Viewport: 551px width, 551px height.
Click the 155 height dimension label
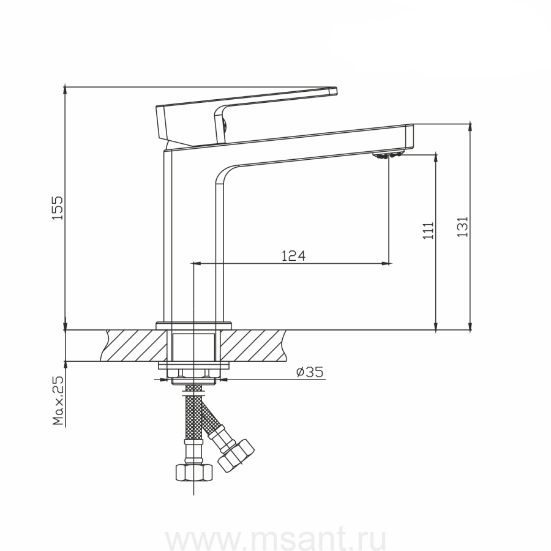pyautogui.click(x=58, y=208)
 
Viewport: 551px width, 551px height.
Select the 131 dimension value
pyautogui.click(x=462, y=227)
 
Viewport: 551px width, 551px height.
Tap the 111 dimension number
pyautogui.click(x=428, y=231)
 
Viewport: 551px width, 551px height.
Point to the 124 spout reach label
pyautogui.click(x=293, y=256)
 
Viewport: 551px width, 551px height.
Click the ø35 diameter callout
pyautogui.click(x=310, y=372)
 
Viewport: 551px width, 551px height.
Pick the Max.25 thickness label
pyautogui.click(x=58, y=400)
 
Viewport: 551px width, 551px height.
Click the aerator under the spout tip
pyautogui.click(x=388, y=155)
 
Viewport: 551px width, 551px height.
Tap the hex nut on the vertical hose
pyautogui.click(x=194, y=472)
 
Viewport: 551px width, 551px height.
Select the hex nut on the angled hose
pyautogui.click(x=236, y=455)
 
